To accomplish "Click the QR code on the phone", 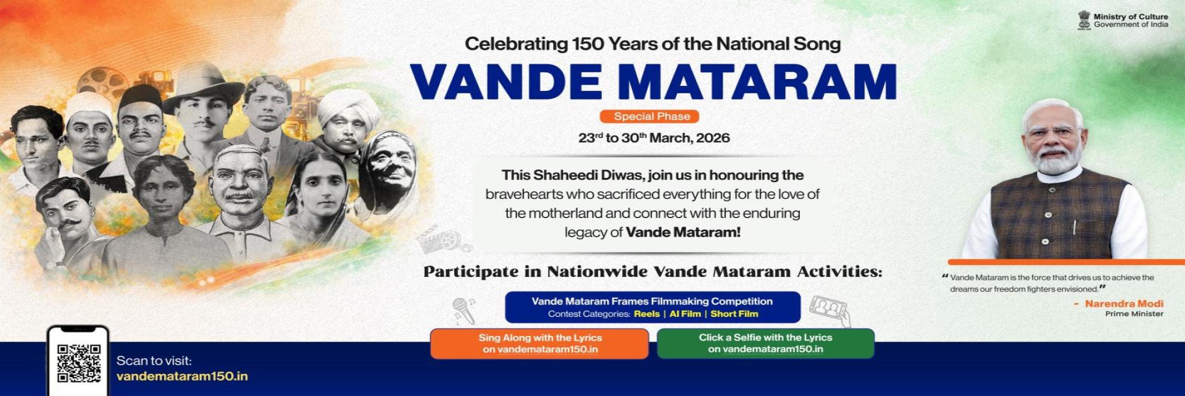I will pyautogui.click(x=78, y=363).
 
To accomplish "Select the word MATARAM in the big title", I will pyautogui.click(x=757, y=82).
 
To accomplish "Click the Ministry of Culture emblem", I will pyautogui.click(x=1084, y=20).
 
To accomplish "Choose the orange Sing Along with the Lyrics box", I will pyautogui.click(x=539, y=343).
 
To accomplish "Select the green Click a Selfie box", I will pyautogui.click(x=765, y=343).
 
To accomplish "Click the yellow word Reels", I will pyautogui.click(x=646, y=314).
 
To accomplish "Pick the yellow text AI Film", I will pyautogui.click(x=685, y=314).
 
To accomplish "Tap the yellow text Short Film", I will pyautogui.click(x=734, y=314).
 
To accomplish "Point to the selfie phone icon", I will pyautogui.click(x=829, y=308).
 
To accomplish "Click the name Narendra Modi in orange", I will pyautogui.click(x=1124, y=303).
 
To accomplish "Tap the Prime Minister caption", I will pyautogui.click(x=1134, y=314).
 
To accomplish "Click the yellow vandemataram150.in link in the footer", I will pyautogui.click(x=182, y=376).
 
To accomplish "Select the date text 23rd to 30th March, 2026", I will pyautogui.click(x=654, y=138).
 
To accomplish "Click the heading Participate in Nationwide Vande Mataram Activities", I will pyautogui.click(x=652, y=272).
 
